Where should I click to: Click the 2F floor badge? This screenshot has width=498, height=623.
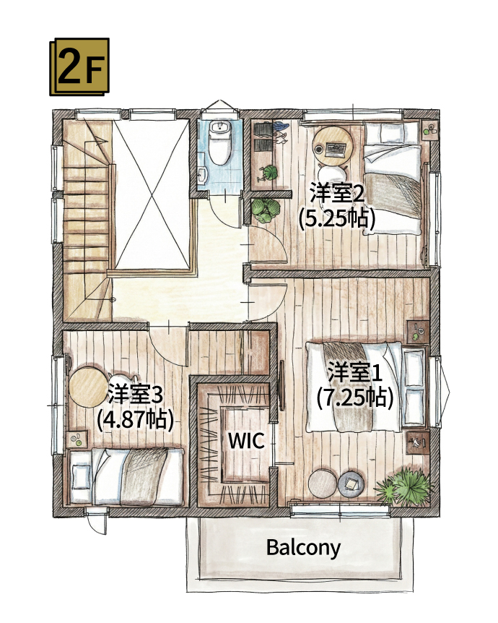[x=79, y=66]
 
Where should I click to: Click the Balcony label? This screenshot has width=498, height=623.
[x=303, y=547]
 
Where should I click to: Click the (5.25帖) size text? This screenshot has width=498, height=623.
[x=337, y=218]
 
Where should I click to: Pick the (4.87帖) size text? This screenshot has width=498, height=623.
[x=134, y=418]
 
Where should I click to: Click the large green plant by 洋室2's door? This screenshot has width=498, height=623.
[x=266, y=210]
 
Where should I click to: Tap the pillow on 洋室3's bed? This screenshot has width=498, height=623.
[x=82, y=477]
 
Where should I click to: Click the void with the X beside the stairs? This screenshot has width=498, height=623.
[x=153, y=193]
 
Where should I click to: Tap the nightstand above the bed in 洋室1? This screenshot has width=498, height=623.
[x=417, y=332]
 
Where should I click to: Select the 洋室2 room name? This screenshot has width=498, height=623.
[x=336, y=194]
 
